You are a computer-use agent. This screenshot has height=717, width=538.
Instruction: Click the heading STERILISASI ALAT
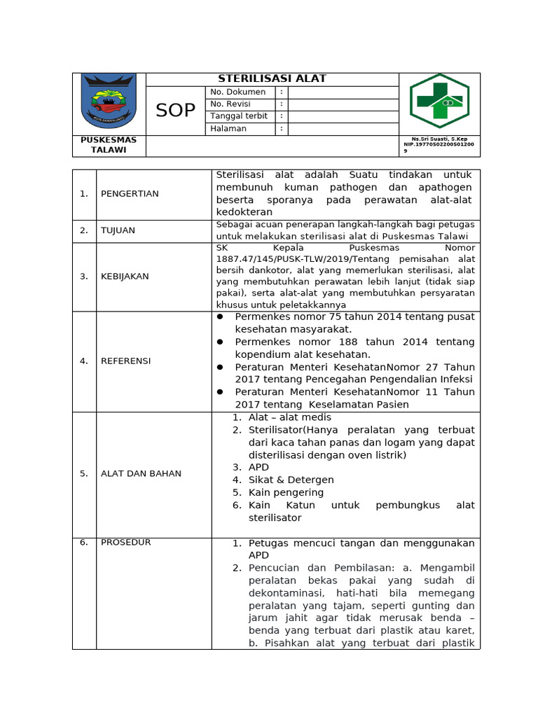[x=272, y=78]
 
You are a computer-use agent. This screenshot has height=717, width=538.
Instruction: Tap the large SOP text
[x=175, y=110]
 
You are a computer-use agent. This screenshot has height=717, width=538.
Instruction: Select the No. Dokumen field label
[x=238, y=92]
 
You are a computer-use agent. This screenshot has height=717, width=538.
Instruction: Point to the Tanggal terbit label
[x=239, y=116]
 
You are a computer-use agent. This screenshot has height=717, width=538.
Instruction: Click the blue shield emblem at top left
[x=108, y=102]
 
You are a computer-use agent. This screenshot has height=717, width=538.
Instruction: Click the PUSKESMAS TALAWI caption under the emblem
[x=109, y=145]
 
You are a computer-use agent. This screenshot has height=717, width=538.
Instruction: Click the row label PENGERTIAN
[x=130, y=194]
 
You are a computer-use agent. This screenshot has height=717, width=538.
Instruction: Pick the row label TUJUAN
[x=118, y=230]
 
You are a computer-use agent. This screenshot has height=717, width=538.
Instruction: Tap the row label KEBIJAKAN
[x=125, y=277]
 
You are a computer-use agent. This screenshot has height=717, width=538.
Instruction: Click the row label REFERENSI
[x=125, y=361]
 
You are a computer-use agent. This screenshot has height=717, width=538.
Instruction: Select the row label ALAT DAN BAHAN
[x=141, y=474]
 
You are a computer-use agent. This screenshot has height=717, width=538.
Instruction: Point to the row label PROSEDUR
[x=125, y=543]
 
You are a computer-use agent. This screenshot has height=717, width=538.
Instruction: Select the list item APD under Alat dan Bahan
[x=258, y=468]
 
